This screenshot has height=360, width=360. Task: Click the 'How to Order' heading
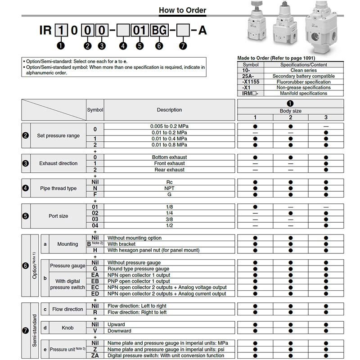[x=183, y=11]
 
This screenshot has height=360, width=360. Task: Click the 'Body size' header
[x=290, y=111]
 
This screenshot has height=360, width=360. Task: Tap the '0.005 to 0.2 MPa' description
[x=169, y=126]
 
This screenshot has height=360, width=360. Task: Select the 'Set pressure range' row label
[x=58, y=135]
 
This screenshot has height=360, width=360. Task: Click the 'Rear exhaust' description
[x=169, y=170]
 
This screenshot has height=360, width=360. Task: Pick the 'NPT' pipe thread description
[x=169, y=188]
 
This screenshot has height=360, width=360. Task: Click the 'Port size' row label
[x=58, y=216]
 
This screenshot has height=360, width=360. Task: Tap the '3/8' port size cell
[x=169, y=219]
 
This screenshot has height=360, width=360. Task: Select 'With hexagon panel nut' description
[x=153, y=250]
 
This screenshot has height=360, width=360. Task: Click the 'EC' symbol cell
[x=95, y=287]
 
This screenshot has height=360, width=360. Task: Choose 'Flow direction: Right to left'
[x=136, y=312]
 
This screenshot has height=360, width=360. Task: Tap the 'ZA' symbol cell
[x=95, y=355]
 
